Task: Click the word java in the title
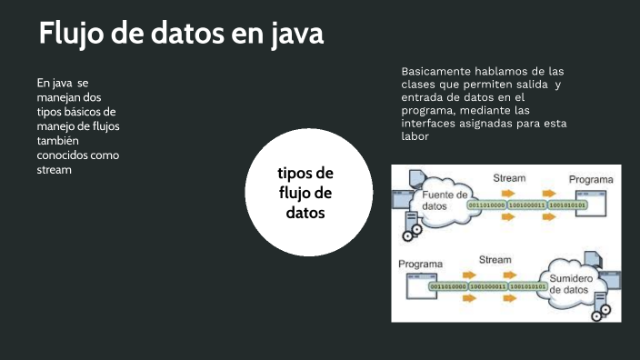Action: coord(297,35)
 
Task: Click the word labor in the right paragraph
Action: coord(415,136)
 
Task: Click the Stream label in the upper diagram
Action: coord(509,178)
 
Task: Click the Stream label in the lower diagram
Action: coord(495,259)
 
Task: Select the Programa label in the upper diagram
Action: coord(591,180)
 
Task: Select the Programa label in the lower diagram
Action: coord(421,265)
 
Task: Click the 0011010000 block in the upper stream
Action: coord(486,205)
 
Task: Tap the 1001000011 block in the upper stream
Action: coord(527,205)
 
